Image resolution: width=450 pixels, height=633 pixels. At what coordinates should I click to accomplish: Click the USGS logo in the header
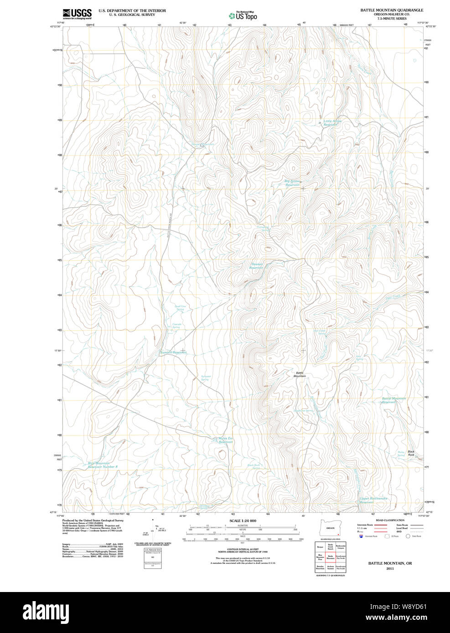(77, 14)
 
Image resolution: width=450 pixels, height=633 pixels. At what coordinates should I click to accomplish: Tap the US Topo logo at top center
(243, 15)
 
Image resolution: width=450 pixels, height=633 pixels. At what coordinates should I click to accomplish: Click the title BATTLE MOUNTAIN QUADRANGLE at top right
(392, 10)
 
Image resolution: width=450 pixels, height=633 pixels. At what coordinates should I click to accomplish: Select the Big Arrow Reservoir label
(292, 183)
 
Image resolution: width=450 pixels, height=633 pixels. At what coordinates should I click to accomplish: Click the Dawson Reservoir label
(257, 266)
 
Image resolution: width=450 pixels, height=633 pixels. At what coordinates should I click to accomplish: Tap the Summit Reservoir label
(173, 352)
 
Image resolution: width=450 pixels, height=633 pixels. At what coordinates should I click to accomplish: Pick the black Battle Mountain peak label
(300, 374)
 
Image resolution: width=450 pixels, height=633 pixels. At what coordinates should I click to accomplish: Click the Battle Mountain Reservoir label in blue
(393, 400)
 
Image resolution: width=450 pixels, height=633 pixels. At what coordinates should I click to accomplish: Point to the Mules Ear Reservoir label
(225, 440)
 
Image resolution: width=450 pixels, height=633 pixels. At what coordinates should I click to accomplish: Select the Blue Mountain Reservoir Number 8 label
(103, 465)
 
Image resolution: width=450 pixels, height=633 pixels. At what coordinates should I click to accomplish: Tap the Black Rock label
(411, 453)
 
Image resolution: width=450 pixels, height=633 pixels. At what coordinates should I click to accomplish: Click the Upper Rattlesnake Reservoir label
(373, 500)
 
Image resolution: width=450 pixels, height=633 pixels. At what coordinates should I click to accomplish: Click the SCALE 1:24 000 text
(243, 521)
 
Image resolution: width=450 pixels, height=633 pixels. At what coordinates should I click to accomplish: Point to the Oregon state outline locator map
(330, 527)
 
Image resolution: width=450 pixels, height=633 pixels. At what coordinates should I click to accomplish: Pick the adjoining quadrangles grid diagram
(330, 556)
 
